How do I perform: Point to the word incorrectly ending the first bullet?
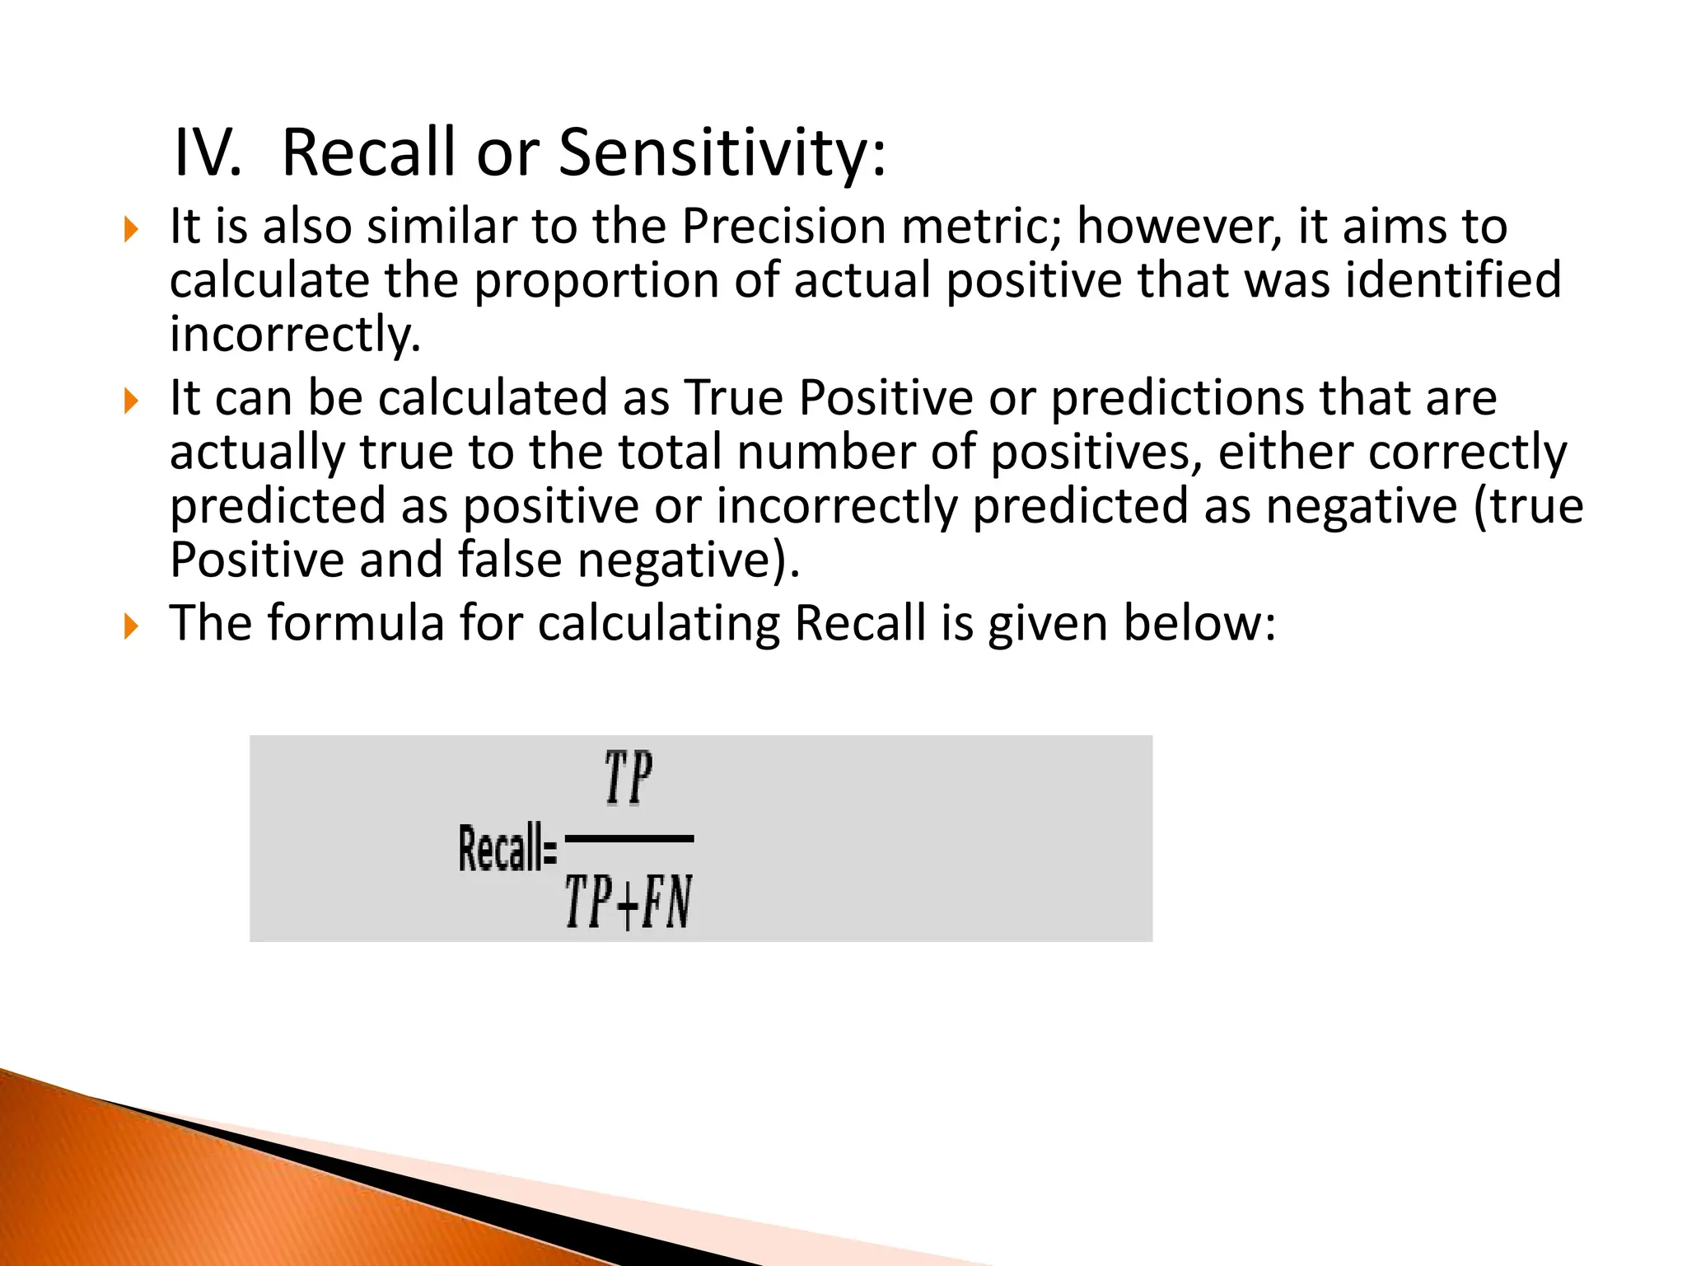click(294, 335)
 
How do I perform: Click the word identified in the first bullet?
click(1453, 280)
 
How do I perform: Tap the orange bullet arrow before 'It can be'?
click(130, 401)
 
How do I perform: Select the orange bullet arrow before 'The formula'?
click(130, 626)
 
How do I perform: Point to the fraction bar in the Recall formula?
click(629, 839)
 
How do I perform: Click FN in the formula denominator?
click(667, 903)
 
